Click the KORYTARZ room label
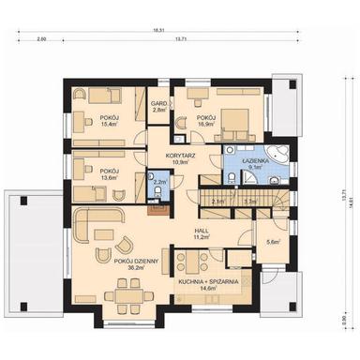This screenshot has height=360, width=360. pos(180,154)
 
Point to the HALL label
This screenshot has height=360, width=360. pos(202,231)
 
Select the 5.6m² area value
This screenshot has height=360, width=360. pos(273,243)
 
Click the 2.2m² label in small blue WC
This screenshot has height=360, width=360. pos(158,183)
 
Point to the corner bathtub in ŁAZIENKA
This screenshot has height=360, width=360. pos(278,157)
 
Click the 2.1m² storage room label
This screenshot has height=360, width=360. pos(217,201)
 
